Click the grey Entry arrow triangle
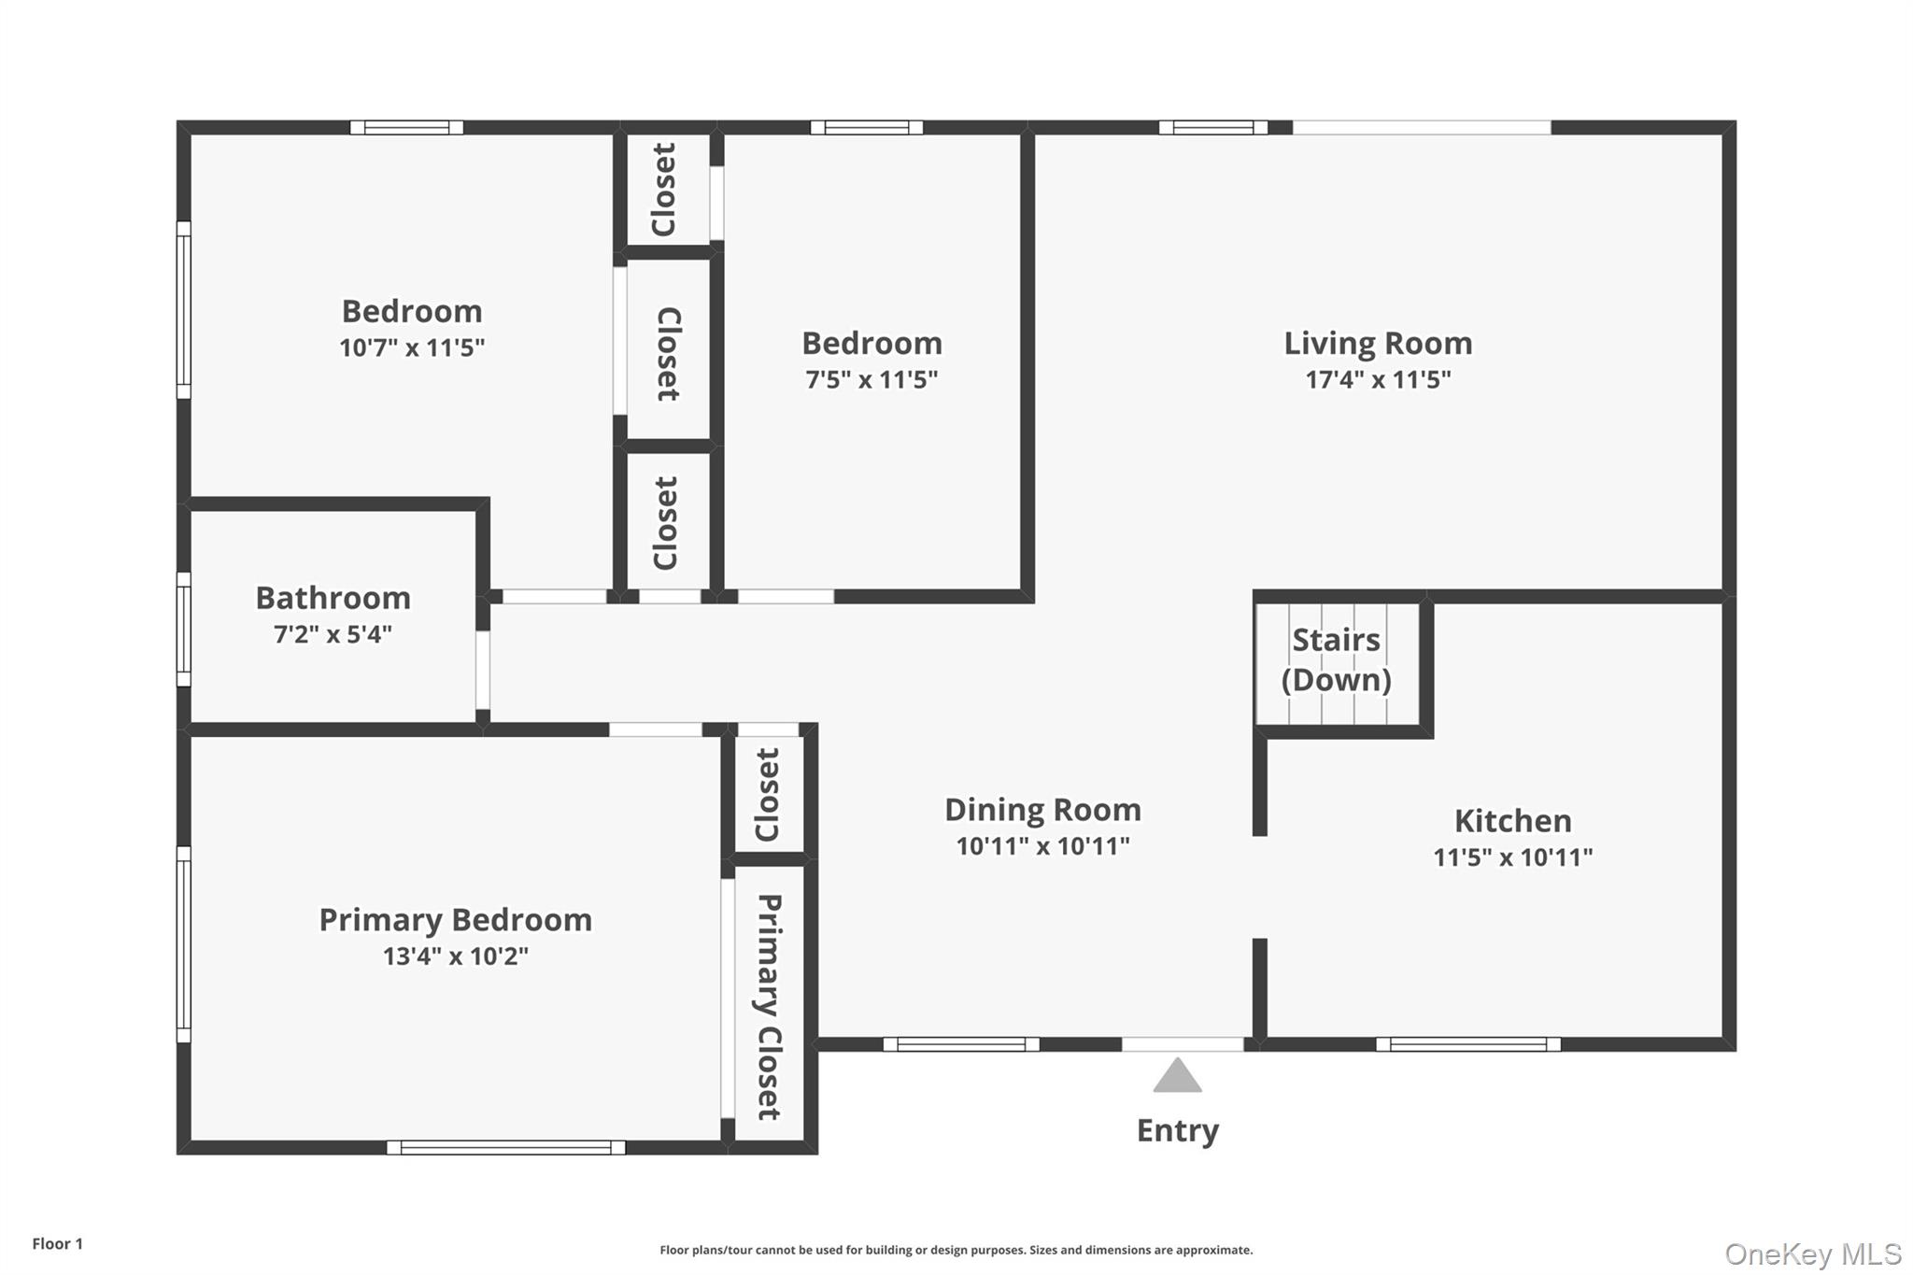pos(1177,1077)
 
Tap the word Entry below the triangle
pos(1177,1130)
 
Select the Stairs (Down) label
pos(1336,659)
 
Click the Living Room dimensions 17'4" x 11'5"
pos(1378,379)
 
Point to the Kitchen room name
pos(1512,821)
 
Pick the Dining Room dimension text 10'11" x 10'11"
pos(1042,846)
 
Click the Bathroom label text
pos(333,598)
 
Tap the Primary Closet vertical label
pos(768,1007)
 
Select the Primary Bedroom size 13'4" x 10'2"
pos(455,956)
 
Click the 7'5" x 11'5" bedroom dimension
pos(871,379)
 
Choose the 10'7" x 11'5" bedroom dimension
pos(412,347)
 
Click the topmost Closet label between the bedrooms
pos(664,190)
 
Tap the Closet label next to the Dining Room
pos(768,794)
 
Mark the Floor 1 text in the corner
pos(58,1243)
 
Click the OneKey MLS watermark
pos(1812,1254)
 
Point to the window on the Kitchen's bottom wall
pos(1467,1044)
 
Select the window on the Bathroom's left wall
pos(184,630)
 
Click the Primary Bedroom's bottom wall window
pos(505,1147)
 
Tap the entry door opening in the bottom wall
pos(1183,1044)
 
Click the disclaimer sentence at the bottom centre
pos(956,1250)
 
